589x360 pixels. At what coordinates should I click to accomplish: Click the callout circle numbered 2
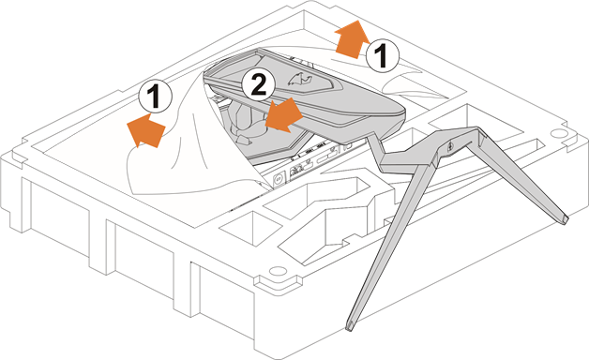tap(259, 86)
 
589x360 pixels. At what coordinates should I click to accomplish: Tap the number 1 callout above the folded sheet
tap(154, 96)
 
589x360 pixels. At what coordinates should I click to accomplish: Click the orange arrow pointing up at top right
tap(350, 38)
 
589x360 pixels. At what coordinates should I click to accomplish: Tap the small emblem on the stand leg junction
tap(450, 146)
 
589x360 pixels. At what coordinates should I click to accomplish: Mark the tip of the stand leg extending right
tap(563, 219)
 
